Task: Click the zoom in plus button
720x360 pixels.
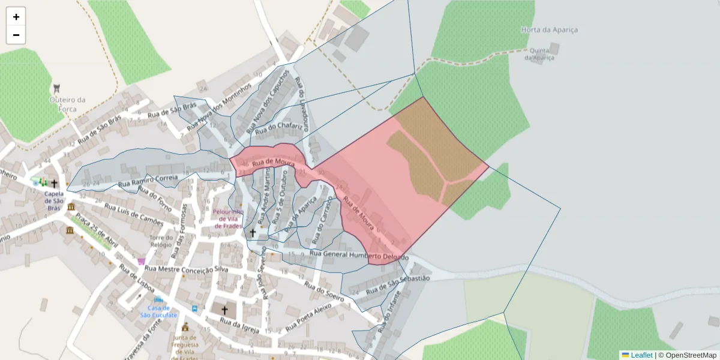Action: [x=16, y=17]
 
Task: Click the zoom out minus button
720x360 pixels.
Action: [x=16, y=35]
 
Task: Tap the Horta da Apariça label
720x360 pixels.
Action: [x=550, y=29]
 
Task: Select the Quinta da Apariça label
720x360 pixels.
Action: [x=539, y=54]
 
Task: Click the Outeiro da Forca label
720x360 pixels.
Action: [x=67, y=104]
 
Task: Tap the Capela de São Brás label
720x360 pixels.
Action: [x=55, y=197]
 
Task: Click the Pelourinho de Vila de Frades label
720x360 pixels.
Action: [x=229, y=218]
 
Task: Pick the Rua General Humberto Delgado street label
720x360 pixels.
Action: [x=358, y=256]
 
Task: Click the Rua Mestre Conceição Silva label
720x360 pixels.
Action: [x=186, y=269]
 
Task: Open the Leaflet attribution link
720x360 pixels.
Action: [x=641, y=355]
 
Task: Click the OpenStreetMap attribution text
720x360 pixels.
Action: [x=691, y=355]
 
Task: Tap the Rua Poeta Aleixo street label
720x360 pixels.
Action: [x=310, y=316]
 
